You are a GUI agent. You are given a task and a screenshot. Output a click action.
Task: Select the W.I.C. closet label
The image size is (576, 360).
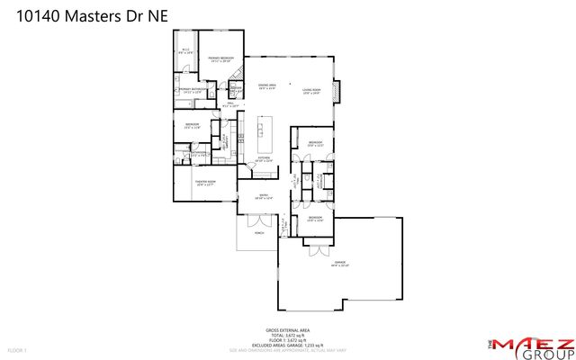tap(184, 52)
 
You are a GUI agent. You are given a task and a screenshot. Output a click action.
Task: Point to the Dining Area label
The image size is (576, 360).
tap(267, 88)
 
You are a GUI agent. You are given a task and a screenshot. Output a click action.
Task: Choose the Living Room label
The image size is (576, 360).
tap(311, 91)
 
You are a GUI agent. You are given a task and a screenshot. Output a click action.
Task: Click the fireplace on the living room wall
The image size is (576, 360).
tap(337, 91)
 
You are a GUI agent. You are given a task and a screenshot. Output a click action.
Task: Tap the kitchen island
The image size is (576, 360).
tap(265, 133)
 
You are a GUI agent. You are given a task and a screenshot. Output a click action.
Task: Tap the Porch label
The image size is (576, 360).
tap(259, 231)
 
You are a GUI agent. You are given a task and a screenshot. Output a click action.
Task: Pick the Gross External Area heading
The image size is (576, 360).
tap(287, 330)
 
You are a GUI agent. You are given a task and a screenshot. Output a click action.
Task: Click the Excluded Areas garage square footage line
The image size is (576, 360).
tap(287, 345)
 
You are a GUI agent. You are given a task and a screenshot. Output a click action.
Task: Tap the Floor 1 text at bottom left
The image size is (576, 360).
tap(17, 349)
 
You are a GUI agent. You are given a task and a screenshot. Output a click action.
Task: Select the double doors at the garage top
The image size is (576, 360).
tap(318, 244)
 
